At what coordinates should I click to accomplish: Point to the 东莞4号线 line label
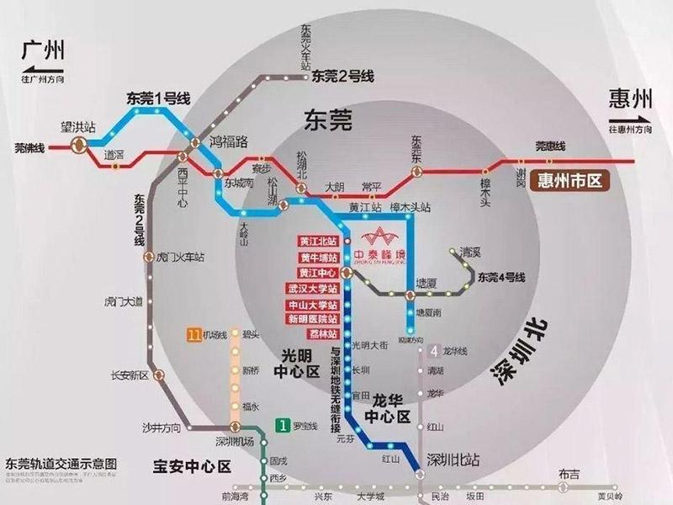tap(502, 276)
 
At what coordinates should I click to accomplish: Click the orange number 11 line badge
tap(193, 336)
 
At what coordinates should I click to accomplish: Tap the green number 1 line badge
tap(285, 426)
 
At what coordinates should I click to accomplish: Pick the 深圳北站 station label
tap(453, 460)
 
